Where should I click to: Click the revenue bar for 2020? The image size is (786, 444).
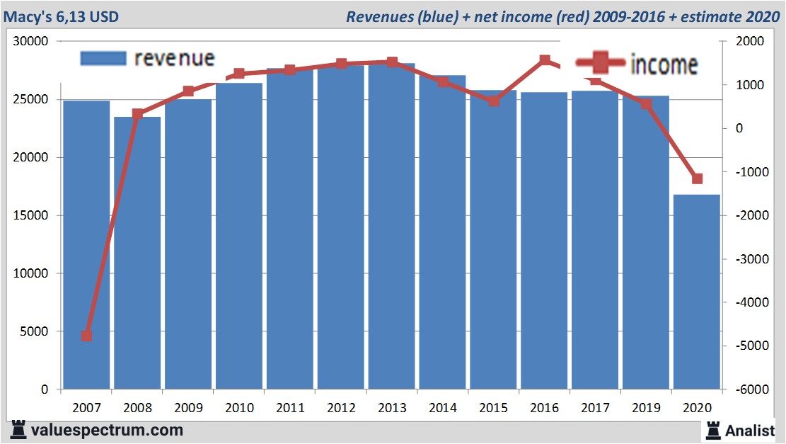coord(697,291)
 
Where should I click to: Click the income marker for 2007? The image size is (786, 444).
coord(86,336)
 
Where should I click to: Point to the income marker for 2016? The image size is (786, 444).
coord(545,61)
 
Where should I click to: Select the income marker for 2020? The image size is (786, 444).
coord(697,178)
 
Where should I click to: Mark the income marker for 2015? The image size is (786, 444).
coord(494,101)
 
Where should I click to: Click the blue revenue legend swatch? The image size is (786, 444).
coord(103,58)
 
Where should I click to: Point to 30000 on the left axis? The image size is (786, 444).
coord(32,42)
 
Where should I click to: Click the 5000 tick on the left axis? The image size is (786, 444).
coord(35,331)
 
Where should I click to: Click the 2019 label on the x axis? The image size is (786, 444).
coord(646,408)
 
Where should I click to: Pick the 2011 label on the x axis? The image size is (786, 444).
coord(290,408)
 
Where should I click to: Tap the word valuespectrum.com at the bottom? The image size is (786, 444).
coord(107,430)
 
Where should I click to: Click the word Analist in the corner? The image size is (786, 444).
coord(751,430)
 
